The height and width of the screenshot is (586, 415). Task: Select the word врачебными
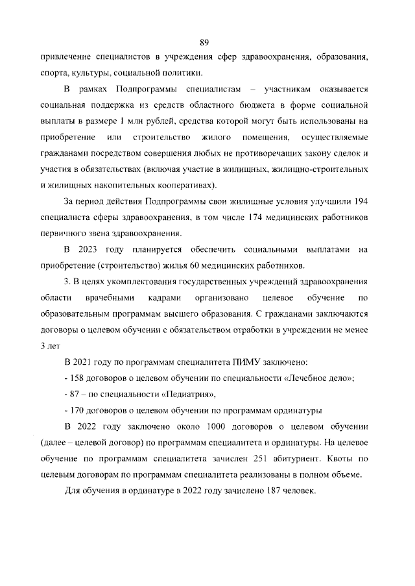click(x=110, y=298)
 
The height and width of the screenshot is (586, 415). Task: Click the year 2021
click(x=88, y=361)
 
